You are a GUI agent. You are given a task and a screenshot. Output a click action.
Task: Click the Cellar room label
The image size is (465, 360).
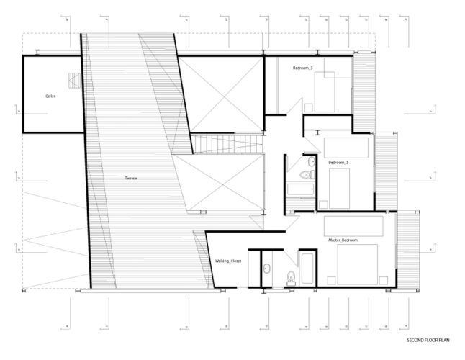(50, 96)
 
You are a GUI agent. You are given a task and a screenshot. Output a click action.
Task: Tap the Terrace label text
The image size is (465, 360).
(130, 177)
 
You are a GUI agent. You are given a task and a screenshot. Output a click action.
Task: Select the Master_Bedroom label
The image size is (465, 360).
(343, 239)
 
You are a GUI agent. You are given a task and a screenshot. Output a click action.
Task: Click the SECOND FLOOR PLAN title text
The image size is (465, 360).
(428, 338)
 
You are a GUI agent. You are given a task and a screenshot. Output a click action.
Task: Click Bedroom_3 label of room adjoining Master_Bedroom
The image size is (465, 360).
(338, 163)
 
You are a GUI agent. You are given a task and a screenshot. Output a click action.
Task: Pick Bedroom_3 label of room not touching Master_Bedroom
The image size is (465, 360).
(302, 67)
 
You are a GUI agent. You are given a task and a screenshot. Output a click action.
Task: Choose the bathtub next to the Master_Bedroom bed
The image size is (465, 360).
(306, 269)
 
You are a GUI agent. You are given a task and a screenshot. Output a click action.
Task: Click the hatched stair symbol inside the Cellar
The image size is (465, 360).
(73, 79)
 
